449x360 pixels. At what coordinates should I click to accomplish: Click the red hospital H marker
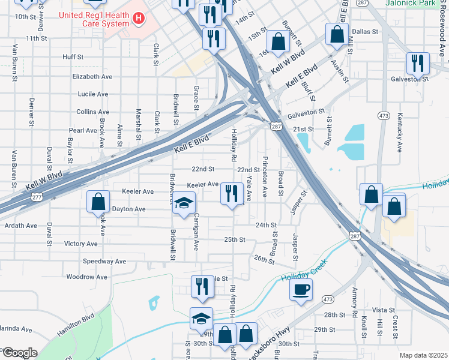139,19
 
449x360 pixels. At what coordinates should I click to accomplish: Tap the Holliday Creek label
301,278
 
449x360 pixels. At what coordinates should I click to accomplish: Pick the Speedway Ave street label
104,262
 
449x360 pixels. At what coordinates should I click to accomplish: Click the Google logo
19,353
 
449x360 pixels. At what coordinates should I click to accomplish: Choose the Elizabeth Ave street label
92,77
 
